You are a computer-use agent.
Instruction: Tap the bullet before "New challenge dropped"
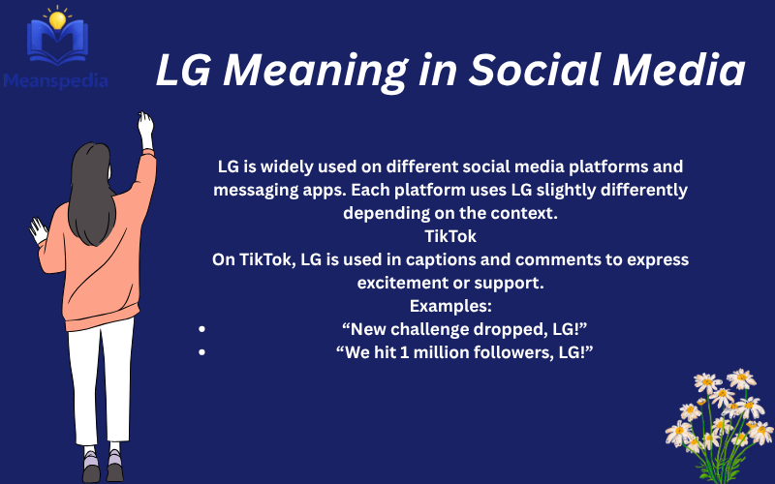click(201, 329)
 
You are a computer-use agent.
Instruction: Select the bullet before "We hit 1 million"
click(201, 352)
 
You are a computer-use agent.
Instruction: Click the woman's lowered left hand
click(38, 230)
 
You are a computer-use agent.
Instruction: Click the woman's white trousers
click(102, 378)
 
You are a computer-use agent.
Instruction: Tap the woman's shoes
click(103, 467)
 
